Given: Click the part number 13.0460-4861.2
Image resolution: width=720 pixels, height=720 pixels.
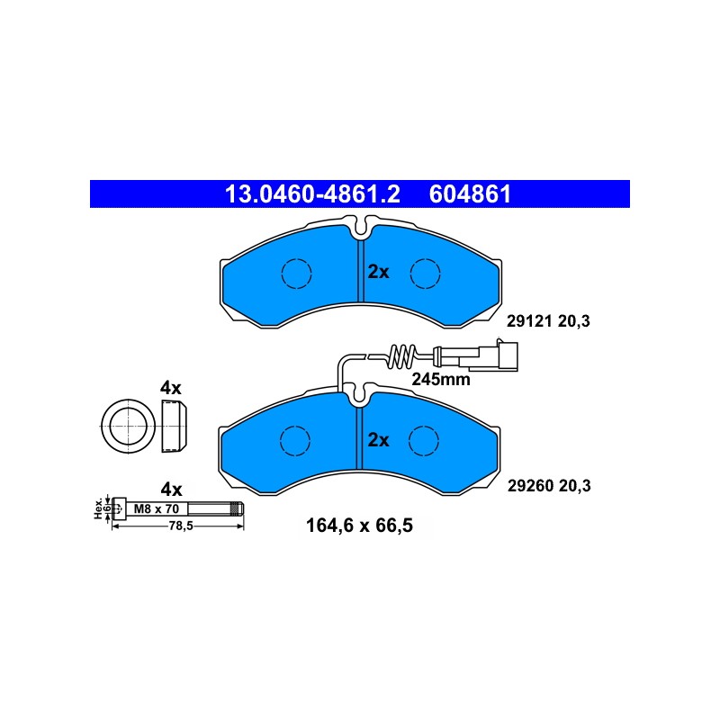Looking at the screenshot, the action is point(312,194).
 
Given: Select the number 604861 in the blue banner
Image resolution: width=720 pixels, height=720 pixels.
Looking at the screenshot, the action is point(470,194).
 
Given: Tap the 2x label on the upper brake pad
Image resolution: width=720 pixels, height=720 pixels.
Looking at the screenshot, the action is point(378,272).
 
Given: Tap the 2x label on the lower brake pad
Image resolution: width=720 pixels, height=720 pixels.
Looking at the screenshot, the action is point(378,440).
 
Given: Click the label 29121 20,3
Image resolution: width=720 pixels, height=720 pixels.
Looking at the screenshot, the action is point(548,321).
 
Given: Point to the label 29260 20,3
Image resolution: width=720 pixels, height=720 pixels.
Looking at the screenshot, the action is point(549,486).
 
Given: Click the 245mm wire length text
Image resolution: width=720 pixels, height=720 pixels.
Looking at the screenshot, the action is point(441,379).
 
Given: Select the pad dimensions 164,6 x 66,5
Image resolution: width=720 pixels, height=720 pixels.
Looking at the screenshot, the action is point(359,526).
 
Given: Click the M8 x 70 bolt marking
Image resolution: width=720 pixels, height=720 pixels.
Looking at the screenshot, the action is point(156,508).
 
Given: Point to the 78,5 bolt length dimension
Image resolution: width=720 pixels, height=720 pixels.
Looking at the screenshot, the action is point(181,526).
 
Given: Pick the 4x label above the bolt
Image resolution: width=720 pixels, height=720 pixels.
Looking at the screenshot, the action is point(171,490).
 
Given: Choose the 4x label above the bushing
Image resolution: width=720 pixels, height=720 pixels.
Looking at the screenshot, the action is point(171,388).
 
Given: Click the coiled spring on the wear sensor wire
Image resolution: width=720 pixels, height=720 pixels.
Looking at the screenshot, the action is point(401,356).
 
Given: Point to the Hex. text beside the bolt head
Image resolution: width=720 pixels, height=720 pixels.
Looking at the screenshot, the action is point(98,508).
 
